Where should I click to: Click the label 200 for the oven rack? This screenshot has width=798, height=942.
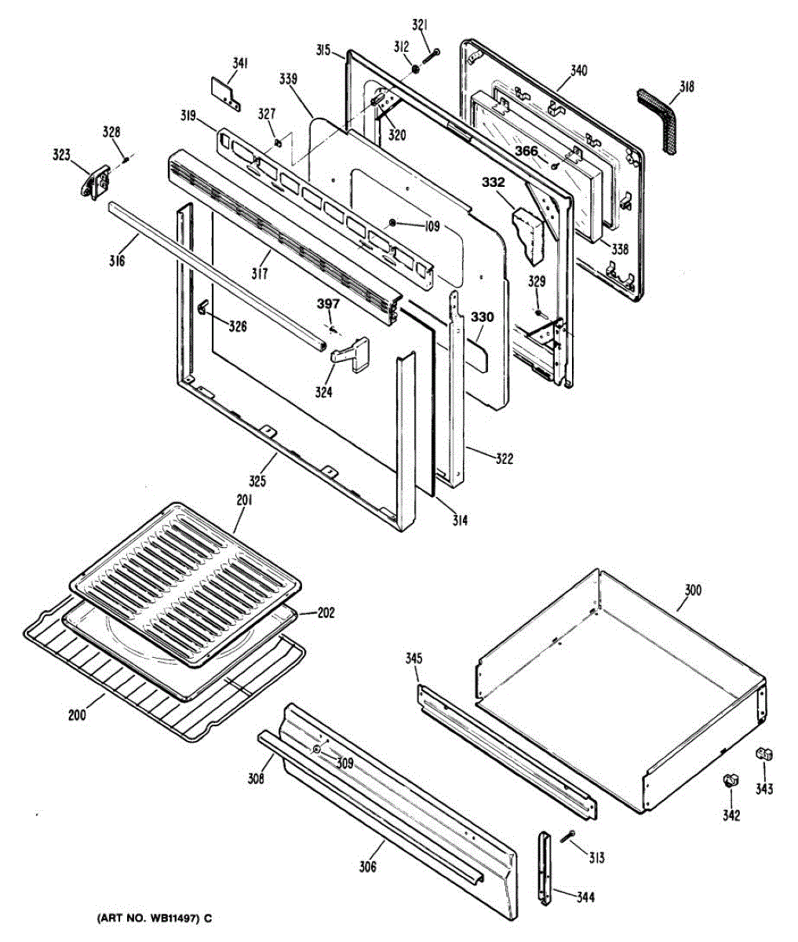coord(77,716)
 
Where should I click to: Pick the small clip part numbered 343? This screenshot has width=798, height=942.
coord(764,754)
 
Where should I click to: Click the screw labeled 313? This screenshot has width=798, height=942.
coord(567,837)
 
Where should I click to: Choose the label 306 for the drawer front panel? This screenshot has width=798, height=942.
coord(367,867)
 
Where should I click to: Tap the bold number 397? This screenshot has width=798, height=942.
coord(329,304)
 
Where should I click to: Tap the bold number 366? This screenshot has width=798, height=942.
coord(527,151)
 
